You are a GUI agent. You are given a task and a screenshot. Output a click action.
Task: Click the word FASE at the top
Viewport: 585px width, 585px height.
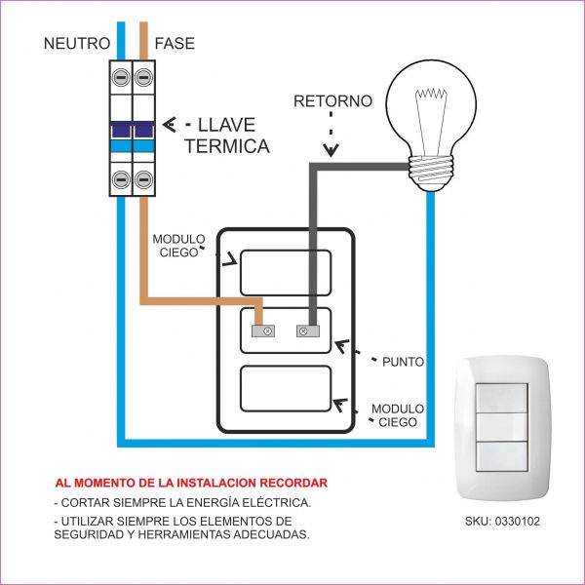click(x=175, y=44)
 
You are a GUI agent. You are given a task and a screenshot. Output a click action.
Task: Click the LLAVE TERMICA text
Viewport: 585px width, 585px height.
click(x=226, y=136)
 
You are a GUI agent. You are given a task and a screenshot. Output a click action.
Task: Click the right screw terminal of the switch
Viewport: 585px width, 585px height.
click(x=309, y=331)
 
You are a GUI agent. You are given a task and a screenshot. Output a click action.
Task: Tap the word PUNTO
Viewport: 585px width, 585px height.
click(x=403, y=361)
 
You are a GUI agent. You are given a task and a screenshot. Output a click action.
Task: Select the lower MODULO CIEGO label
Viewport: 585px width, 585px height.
click(x=397, y=415)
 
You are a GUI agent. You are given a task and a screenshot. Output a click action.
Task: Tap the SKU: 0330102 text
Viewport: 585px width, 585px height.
click(x=502, y=522)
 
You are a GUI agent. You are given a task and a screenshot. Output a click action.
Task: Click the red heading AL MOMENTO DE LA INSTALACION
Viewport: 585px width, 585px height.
click(x=191, y=483)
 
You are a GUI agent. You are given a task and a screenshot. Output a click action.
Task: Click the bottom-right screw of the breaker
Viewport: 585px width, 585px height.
click(x=145, y=178)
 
